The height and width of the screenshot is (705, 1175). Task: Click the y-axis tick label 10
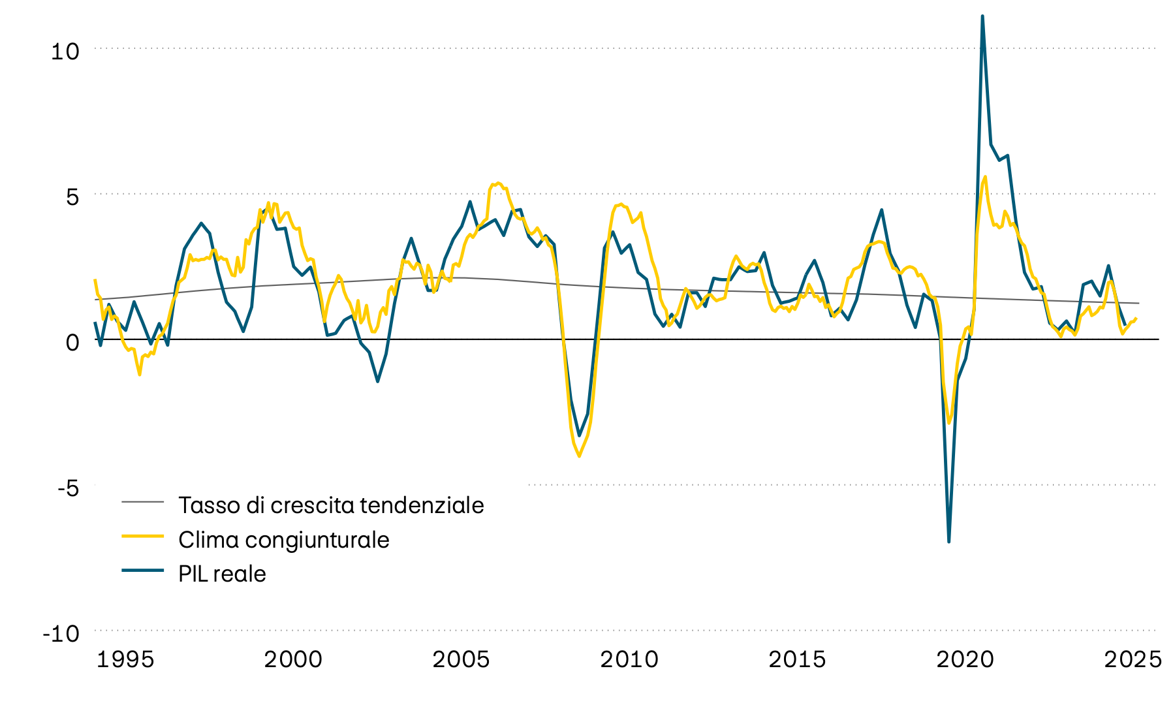pyautogui.click(x=65, y=51)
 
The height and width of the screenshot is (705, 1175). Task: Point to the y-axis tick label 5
pyautogui.click(x=72, y=196)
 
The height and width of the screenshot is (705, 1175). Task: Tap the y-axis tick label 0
pyautogui.click(x=72, y=342)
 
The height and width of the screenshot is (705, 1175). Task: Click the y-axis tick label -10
pyautogui.click(x=61, y=633)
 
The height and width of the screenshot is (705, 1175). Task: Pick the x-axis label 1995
pyautogui.click(x=125, y=659)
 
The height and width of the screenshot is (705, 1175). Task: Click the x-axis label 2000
pyautogui.click(x=293, y=659)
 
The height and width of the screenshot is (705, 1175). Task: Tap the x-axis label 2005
pyautogui.click(x=461, y=659)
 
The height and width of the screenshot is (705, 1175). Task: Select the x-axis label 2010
pyautogui.click(x=629, y=659)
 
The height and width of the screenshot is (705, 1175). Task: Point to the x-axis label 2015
pyautogui.click(x=797, y=659)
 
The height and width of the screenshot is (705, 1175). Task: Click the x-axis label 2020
pyautogui.click(x=965, y=659)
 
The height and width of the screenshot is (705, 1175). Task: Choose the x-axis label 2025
pyautogui.click(x=1133, y=659)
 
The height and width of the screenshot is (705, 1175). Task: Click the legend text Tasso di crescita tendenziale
pyautogui.click(x=331, y=505)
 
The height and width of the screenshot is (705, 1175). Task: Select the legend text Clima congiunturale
pyautogui.click(x=283, y=540)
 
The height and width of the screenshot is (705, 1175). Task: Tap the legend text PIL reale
pyautogui.click(x=222, y=574)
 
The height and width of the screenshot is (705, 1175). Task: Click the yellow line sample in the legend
pyautogui.click(x=142, y=536)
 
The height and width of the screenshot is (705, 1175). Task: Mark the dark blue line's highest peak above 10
pyautogui.click(x=982, y=16)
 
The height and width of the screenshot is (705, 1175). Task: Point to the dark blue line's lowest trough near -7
pyautogui.click(x=948, y=541)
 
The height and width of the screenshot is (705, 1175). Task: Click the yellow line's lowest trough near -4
pyautogui.click(x=579, y=456)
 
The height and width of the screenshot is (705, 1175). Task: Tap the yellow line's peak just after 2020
pyautogui.click(x=985, y=177)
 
